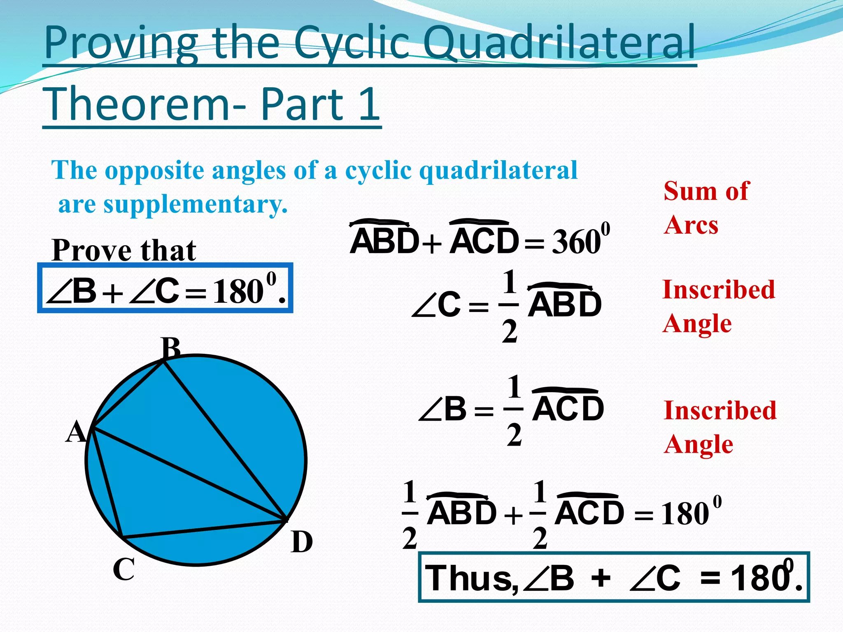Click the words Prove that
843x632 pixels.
pyautogui.click(x=124, y=250)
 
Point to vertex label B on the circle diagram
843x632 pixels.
pyautogui.click(x=171, y=348)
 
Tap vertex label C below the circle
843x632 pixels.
pyautogui.click(x=123, y=569)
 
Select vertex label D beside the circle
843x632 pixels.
pyautogui.click(x=302, y=542)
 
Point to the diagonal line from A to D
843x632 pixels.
pyautogui.click(x=189, y=473)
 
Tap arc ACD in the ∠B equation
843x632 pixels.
pyautogui.click(x=568, y=409)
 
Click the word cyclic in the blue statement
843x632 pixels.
pyautogui.click(x=378, y=170)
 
